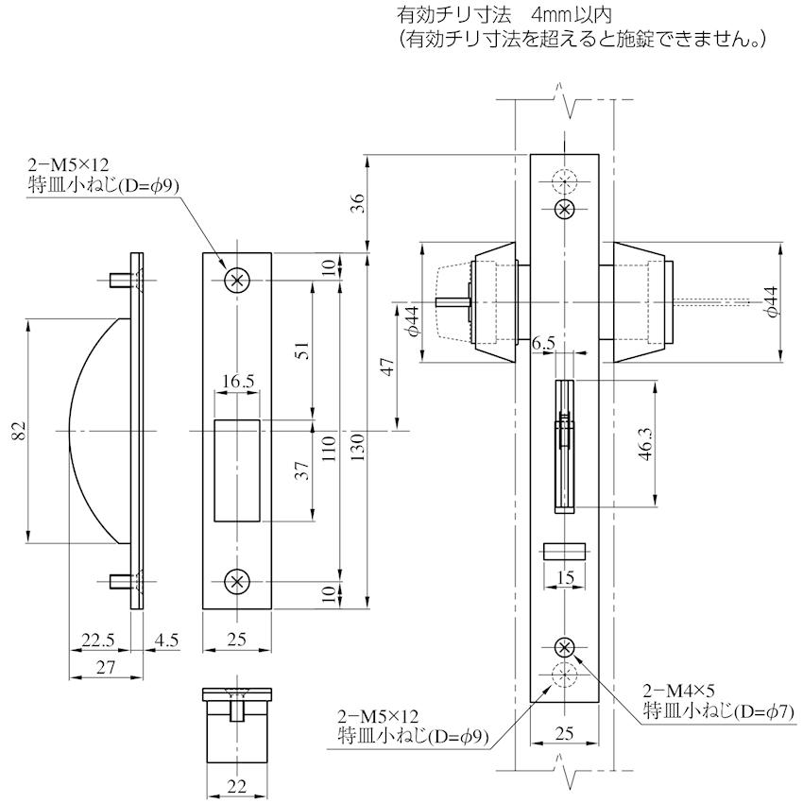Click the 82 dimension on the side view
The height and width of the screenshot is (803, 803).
pyautogui.click(x=18, y=432)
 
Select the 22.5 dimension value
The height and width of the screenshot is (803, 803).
pyautogui.click(x=97, y=641)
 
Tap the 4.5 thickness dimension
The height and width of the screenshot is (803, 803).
pyautogui.click(x=166, y=641)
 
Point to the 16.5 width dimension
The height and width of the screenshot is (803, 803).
pyautogui.click(x=237, y=382)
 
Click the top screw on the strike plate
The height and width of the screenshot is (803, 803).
pyautogui.click(x=237, y=280)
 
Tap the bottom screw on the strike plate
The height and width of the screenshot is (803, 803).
pyautogui.click(x=237, y=582)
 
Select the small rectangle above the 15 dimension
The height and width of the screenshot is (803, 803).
pyautogui.click(x=564, y=552)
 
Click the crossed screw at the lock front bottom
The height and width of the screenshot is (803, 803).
pyautogui.click(x=564, y=647)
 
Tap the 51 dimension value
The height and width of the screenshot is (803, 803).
pyautogui.click(x=302, y=350)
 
